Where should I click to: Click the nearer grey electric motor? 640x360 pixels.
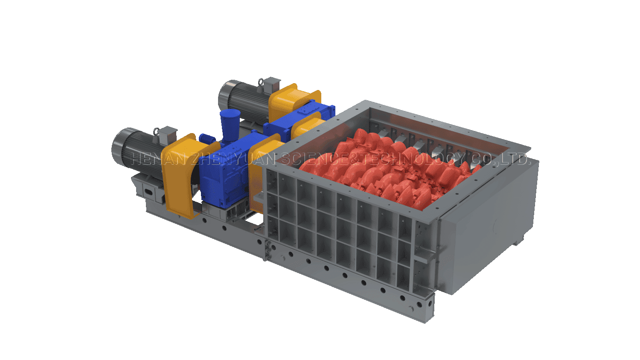pyautogui.click(x=137, y=151)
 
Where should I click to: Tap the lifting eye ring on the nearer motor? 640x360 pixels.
pyautogui.click(x=156, y=132)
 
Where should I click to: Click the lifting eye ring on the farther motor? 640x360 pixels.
pyautogui.click(x=261, y=82)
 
